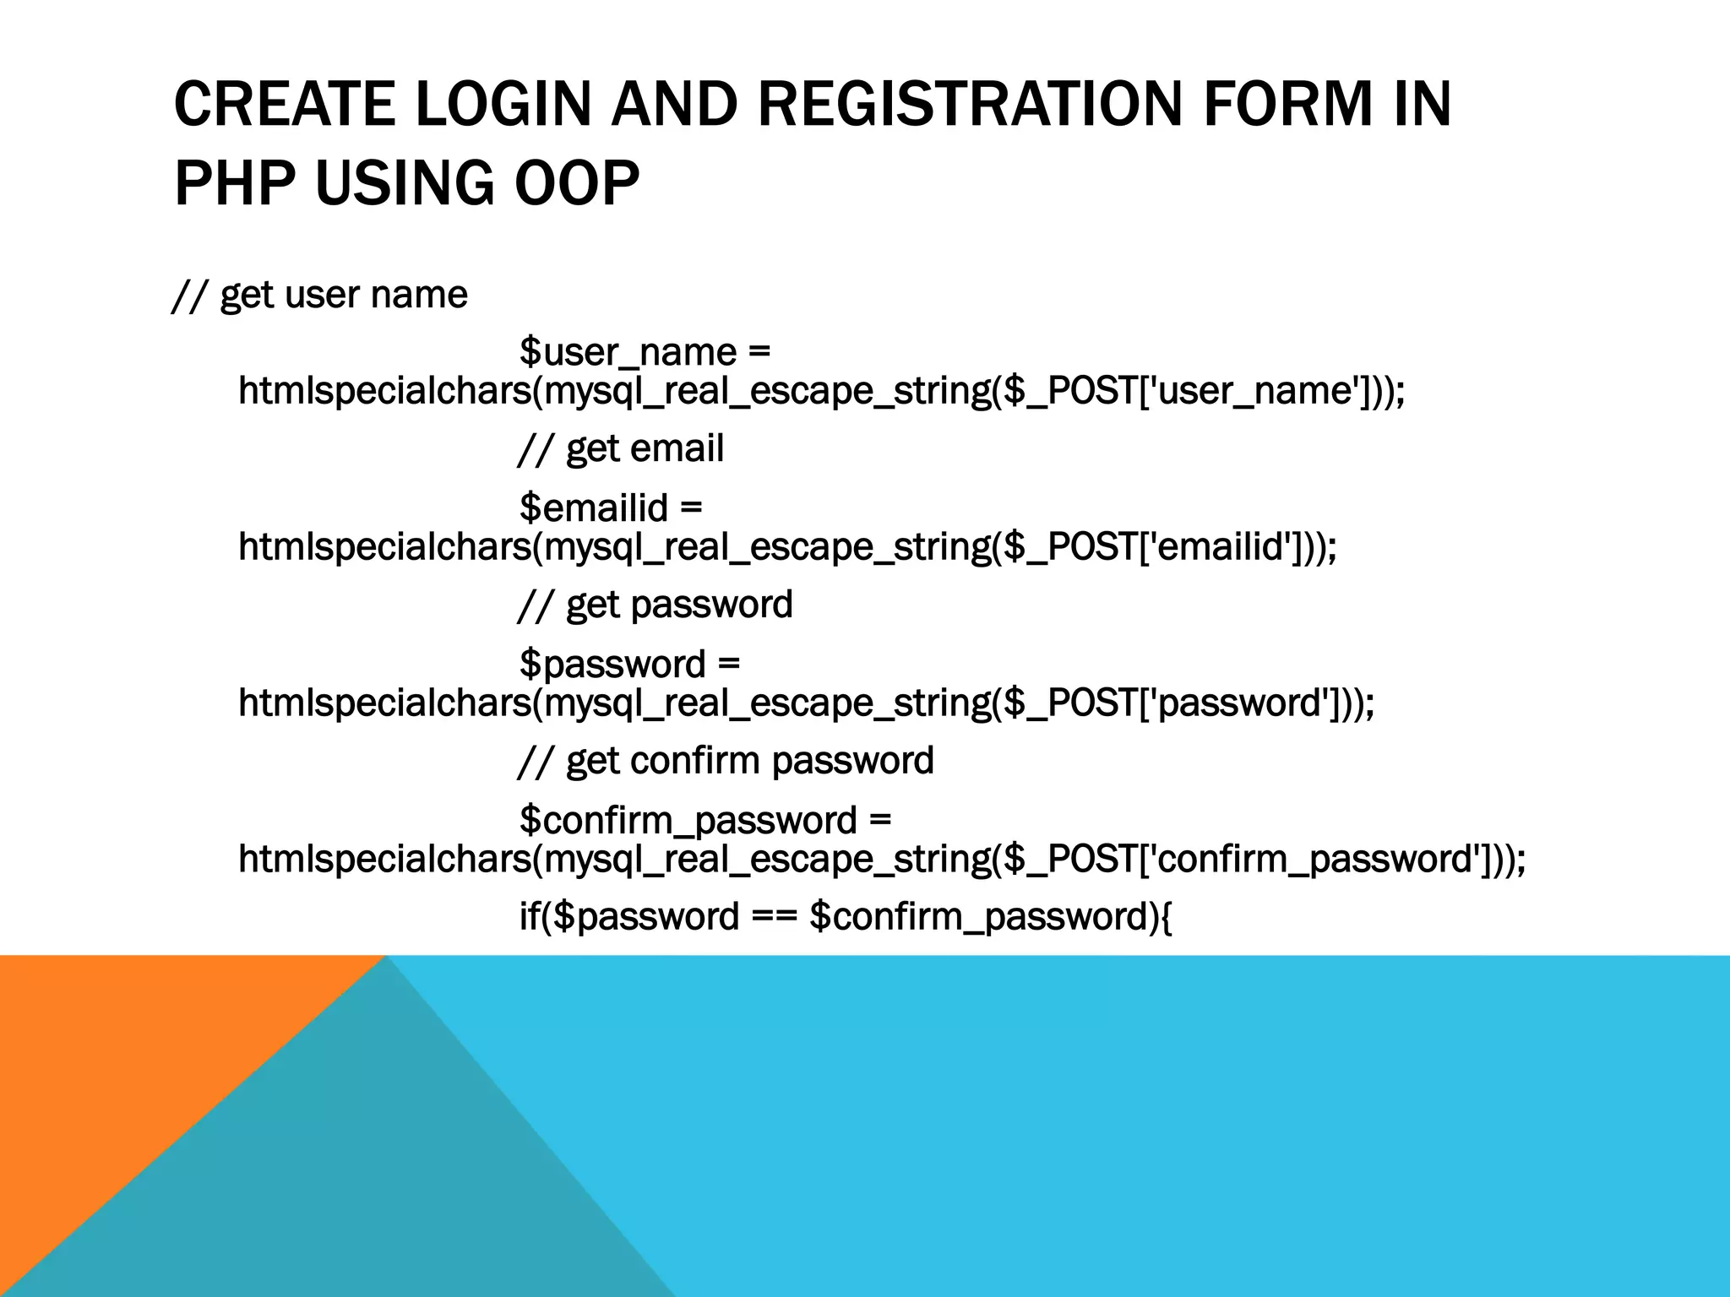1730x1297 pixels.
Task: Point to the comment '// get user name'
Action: [x=319, y=295]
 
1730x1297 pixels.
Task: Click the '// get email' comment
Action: [x=621, y=448]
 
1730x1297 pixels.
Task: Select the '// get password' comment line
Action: [x=656, y=605]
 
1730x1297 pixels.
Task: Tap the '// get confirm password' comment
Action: [x=726, y=760]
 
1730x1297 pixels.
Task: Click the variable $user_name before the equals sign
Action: [x=627, y=351]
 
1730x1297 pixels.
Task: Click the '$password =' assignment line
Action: [x=629, y=664]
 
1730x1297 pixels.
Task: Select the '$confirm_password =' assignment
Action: [x=705, y=820]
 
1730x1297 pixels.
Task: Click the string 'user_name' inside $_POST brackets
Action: [x=1258, y=391]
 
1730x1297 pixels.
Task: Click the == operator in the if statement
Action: [x=773, y=917]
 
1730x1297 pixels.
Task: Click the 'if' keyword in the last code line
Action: [x=529, y=917]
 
